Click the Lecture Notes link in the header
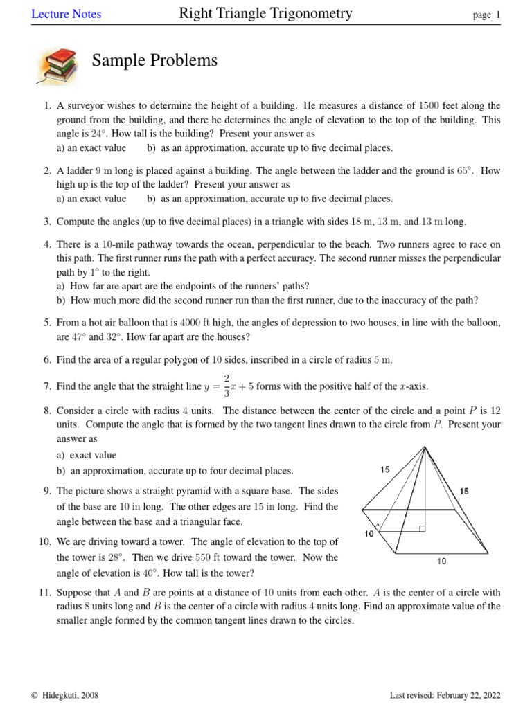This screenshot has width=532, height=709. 66,14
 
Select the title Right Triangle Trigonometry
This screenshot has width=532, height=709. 265,13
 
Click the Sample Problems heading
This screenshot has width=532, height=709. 154,61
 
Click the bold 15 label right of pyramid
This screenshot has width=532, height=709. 463,491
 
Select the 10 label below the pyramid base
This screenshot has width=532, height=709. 441,562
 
